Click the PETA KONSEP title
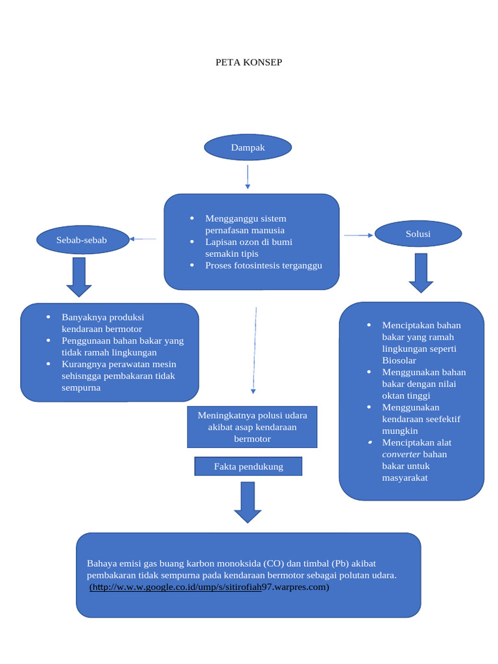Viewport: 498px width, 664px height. pyautogui.click(x=249, y=63)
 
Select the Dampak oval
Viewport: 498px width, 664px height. pyautogui.click(x=248, y=148)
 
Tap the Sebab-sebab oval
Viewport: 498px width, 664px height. pyautogui.click(x=82, y=240)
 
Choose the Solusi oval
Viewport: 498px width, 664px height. pyautogui.click(x=418, y=234)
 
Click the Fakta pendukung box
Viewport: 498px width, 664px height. pyautogui.click(x=248, y=467)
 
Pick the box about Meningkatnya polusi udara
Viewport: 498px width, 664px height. pyautogui.click(x=252, y=427)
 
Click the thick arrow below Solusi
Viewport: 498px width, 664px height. pyautogui.click(x=421, y=272)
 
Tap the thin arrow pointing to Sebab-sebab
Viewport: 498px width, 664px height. pyautogui.click(x=143, y=239)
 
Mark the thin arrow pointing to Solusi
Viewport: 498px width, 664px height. pyautogui.click(x=359, y=235)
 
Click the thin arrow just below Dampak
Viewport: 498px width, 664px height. pyautogui.click(x=248, y=176)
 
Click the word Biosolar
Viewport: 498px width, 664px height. pyautogui.click(x=399, y=361)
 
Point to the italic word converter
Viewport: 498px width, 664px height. pyautogui.click(x=401, y=454)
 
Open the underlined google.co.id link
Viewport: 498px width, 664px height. pyautogui.click(x=175, y=587)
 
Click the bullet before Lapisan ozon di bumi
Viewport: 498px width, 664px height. pyautogui.click(x=193, y=242)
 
